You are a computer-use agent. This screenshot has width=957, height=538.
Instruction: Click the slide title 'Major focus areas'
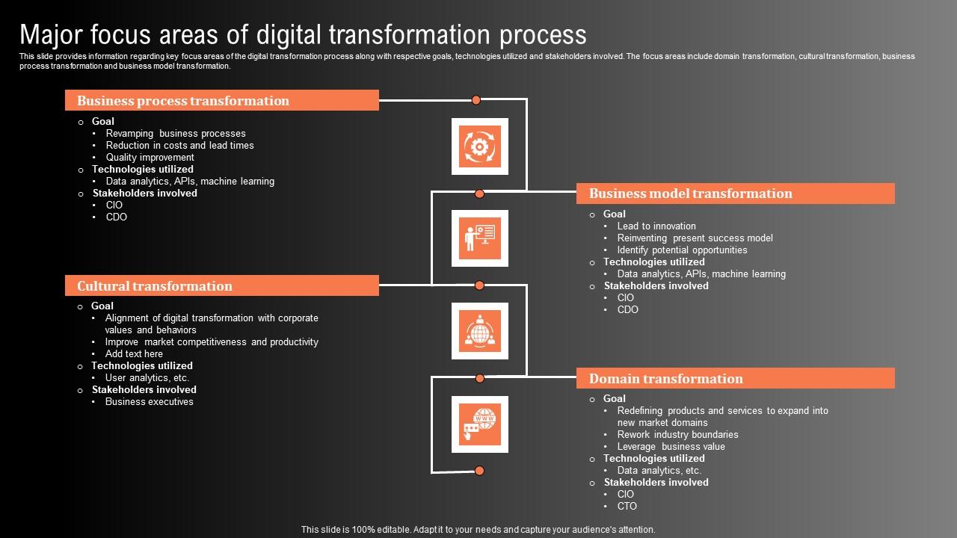coord(303,34)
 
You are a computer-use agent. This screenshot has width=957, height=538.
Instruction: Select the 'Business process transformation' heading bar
coord(221,100)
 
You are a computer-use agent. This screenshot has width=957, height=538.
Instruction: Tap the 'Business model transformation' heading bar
coord(735,194)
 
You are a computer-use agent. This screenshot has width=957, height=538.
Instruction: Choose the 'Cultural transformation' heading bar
coord(221,285)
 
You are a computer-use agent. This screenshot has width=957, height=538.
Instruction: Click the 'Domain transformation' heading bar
coord(735,378)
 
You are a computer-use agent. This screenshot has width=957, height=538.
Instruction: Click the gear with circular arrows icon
coord(479,146)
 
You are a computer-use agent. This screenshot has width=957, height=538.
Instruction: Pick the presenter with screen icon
coord(479,238)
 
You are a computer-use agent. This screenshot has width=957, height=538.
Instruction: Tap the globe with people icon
coord(479,331)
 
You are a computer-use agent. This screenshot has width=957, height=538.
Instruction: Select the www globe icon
coord(479,424)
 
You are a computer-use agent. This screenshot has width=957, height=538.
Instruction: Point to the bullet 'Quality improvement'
coord(150,157)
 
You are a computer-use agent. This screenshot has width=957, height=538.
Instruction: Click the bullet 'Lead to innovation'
coord(656,226)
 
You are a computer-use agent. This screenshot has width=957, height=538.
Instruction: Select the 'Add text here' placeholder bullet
coord(134,353)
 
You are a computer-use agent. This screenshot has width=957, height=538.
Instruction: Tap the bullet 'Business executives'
coord(149,401)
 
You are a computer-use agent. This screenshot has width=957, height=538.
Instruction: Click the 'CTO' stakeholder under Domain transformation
coord(627,506)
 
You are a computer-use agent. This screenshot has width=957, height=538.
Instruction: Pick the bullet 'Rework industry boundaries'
coord(677,434)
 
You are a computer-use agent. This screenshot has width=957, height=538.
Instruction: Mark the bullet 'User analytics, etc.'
coord(147,377)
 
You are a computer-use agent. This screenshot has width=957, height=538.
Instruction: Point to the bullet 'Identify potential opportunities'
coord(682,250)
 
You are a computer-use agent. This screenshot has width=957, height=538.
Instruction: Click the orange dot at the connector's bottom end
coord(479,471)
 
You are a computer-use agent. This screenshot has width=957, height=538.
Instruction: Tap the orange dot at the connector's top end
coord(476,99)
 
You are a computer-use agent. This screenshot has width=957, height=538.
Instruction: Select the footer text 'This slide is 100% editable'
coord(478,529)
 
